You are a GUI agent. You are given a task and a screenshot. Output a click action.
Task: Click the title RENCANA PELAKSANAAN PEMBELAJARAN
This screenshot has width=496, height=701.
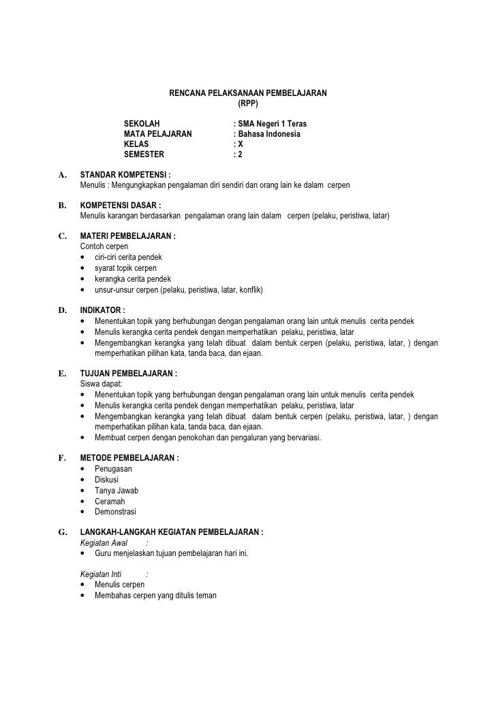248,92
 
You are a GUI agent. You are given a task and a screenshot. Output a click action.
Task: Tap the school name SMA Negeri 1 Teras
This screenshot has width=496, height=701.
272,125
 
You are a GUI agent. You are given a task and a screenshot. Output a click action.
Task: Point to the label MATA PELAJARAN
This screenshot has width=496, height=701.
157,134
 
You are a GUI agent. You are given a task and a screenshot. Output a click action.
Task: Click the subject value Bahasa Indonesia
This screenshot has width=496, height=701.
269,134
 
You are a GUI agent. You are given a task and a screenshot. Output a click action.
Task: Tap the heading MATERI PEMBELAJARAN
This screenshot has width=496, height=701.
128,236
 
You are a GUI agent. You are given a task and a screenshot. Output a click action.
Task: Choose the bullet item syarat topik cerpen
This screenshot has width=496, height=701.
125,268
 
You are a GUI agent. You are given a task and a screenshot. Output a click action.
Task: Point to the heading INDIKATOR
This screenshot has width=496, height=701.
103,310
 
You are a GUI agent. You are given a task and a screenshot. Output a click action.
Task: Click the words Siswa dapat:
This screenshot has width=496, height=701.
100,385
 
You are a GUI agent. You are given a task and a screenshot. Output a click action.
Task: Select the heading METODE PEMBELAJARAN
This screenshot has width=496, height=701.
129,458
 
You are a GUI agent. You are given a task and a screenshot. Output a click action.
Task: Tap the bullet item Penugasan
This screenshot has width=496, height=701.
113,469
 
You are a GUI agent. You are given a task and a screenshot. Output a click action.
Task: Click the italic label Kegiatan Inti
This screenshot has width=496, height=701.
100,574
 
